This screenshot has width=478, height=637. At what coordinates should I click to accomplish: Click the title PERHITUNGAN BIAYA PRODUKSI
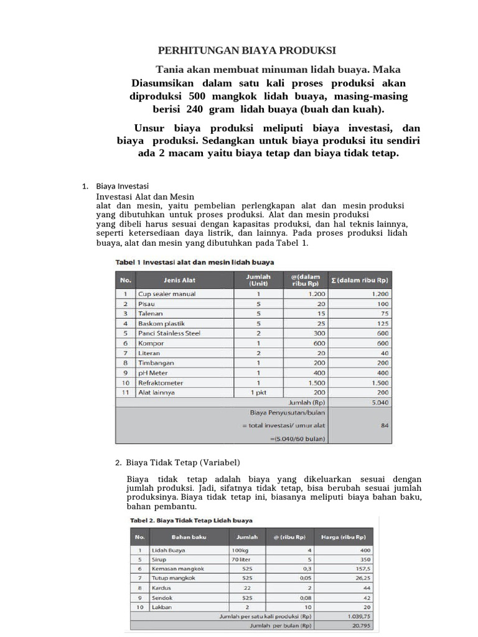pos(247,50)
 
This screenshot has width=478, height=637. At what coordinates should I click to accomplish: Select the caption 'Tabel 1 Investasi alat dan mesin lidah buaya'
pos(194,263)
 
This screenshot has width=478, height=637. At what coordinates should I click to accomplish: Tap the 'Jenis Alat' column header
pos(179,280)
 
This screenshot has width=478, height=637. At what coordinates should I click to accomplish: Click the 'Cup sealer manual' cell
pos(166,294)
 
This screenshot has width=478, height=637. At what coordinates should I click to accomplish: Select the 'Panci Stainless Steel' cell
pos(169,333)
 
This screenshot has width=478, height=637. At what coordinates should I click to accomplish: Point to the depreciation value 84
pos(383,425)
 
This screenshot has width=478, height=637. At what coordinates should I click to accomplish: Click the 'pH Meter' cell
pos(153,373)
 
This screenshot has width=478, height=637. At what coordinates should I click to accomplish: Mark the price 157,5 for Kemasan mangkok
pos(361,569)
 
